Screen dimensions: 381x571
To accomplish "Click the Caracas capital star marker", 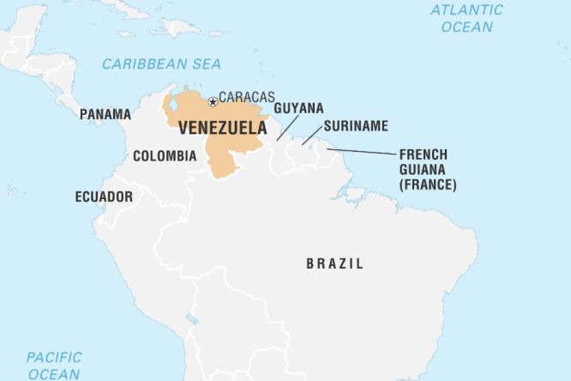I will (x=213, y=102).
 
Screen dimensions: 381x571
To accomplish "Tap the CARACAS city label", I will (x=247, y=98).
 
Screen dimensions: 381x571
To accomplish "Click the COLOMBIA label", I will (x=164, y=156).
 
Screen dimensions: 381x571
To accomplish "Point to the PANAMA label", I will (x=105, y=114).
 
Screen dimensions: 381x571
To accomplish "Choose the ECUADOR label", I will (x=104, y=197).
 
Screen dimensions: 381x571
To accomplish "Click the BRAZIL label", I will (x=334, y=263).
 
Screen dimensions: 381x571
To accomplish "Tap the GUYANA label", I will (x=298, y=108).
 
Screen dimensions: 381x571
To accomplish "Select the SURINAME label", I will (x=356, y=126).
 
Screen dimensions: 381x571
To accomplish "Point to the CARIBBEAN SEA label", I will (x=161, y=63).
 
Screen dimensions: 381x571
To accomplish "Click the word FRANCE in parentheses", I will (x=428, y=184).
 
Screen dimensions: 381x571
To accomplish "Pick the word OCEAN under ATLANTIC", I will (x=467, y=27).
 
